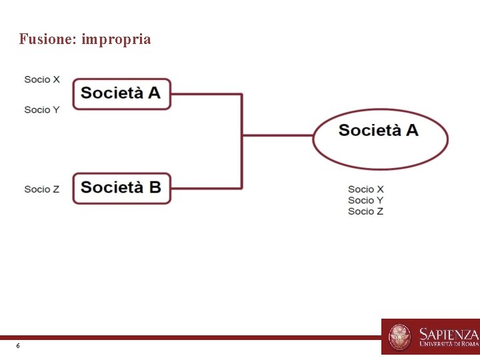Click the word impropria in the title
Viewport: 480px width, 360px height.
117,40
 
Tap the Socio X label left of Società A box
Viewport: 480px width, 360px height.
42,79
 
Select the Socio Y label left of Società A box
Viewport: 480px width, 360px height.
42,109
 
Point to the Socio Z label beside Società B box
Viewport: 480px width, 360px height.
42,189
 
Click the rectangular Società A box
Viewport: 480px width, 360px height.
121,93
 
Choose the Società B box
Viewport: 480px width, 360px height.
121,187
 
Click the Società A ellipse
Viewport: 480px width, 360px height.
380,139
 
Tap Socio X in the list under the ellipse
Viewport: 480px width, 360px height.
365,189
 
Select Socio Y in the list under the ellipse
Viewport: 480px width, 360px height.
365,200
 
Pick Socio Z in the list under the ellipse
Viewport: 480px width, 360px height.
365,211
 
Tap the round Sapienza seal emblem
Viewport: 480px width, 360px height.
400,337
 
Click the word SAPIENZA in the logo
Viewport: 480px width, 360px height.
449,333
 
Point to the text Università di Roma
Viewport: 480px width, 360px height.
449,345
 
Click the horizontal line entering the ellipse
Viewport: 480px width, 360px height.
277,135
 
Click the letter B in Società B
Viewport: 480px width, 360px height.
154,187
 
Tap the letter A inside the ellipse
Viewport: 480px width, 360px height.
411,130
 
